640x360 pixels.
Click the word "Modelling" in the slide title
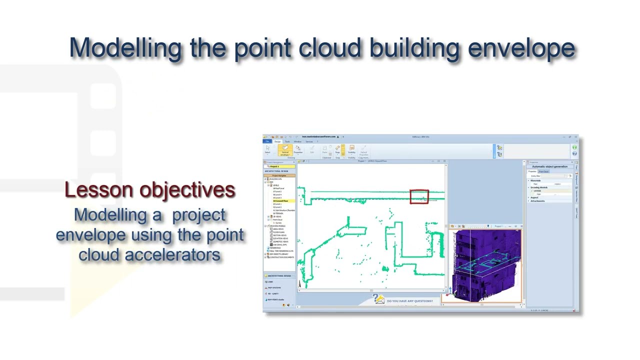pyautogui.click(x=125, y=47)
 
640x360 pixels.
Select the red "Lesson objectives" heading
pyautogui.click(x=150, y=190)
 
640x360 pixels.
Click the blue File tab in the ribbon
pyautogui.click(x=267, y=141)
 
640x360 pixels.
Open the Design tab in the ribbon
pyautogui.click(x=277, y=141)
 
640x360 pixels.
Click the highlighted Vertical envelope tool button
pyautogui.click(x=285, y=150)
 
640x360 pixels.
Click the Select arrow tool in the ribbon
pyautogui.click(x=267, y=149)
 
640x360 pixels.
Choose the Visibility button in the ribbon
pyautogui.click(x=351, y=149)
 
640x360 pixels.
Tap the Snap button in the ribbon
pyautogui.click(x=337, y=149)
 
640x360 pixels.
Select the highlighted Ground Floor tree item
pyautogui.click(x=280, y=201)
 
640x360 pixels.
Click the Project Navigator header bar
pyautogui.click(x=279, y=175)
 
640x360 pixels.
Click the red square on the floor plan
pyautogui.click(x=419, y=196)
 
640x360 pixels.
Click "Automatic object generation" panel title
pyautogui.click(x=549, y=166)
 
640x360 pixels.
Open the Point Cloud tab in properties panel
pyautogui.click(x=543, y=171)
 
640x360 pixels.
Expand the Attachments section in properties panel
pyautogui.click(x=538, y=201)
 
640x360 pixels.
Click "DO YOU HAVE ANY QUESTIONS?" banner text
pyautogui.click(x=409, y=301)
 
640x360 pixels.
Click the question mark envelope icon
pyautogui.click(x=378, y=299)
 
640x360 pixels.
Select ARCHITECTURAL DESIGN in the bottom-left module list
pyautogui.click(x=279, y=276)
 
